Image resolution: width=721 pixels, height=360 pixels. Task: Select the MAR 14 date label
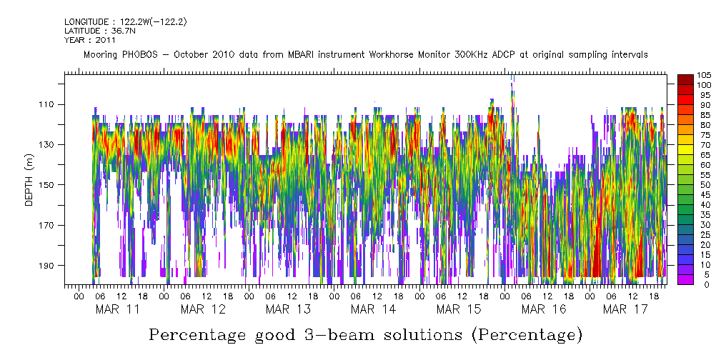pos(372,309)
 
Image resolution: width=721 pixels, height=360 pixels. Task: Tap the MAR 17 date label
pos(625,309)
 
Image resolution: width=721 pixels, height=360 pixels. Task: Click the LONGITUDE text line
pos(126,22)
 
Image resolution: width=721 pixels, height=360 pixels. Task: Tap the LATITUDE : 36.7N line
pos(99,31)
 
